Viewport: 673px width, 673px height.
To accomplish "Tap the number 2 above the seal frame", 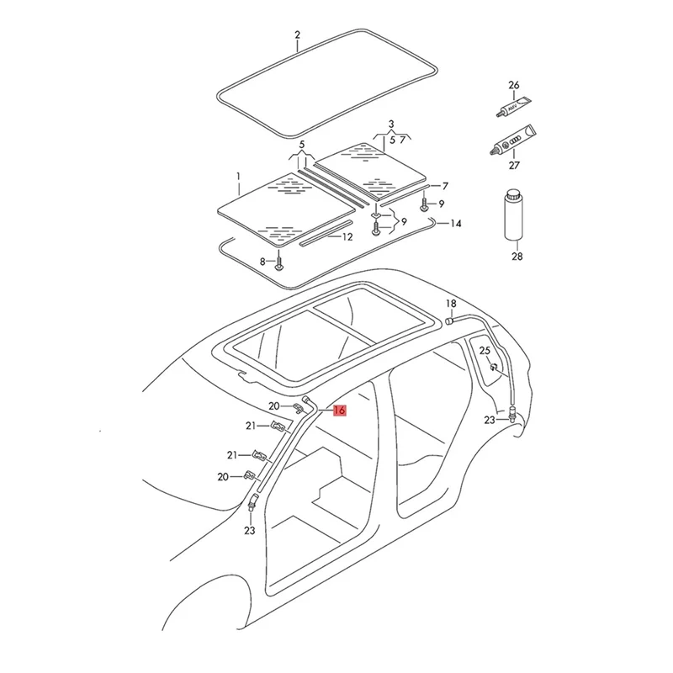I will (x=297, y=34).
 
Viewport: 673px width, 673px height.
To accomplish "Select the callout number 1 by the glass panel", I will (x=238, y=178).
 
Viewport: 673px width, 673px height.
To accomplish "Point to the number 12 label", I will (x=347, y=237).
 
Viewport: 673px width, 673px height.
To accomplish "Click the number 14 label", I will (x=456, y=224).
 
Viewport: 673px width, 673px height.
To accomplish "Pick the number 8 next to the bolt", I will (x=262, y=262).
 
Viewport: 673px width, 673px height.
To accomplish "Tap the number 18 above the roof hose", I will (x=451, y=303).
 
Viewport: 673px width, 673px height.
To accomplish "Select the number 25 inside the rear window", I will (x=485, y=350).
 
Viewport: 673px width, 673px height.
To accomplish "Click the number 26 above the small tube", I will (x=514, y=85).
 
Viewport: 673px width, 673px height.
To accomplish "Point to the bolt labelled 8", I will (x=280, y=263).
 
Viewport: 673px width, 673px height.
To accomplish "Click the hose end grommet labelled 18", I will (x=449, y=320).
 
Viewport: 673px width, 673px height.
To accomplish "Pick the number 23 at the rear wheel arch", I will (x=489, y=420).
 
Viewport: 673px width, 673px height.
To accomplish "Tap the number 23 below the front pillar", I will (x=249, y=531).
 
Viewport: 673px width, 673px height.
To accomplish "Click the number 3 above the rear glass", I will (x=390, y=125).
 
